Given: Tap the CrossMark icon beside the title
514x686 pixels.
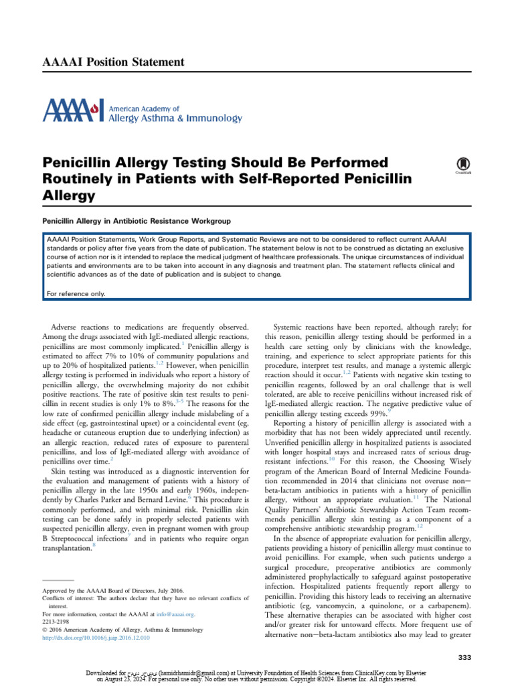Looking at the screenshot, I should (x=461, y=165).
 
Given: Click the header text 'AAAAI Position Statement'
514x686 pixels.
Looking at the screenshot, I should (x=113, y=62).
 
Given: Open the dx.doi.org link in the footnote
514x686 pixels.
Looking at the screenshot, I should (x=96, y=637).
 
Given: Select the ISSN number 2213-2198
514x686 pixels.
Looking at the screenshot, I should (x=56, y=621).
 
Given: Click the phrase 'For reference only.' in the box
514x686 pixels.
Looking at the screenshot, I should (x=76, y=293).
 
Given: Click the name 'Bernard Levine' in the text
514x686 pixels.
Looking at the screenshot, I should (x=185, y=462).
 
